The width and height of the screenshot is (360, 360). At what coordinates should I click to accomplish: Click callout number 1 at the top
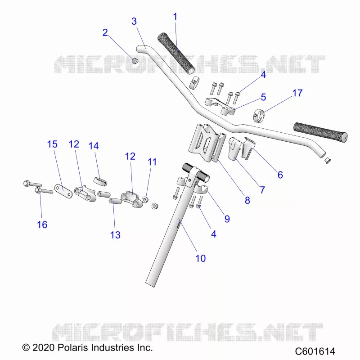pos(175,17)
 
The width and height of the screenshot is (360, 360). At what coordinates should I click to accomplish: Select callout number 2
pos(105,32)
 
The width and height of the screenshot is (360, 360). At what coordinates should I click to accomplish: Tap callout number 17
pos(297,93)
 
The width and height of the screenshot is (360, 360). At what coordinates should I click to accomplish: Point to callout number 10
pos(200,258)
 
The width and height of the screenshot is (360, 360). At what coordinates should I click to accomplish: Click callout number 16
pos(42,225)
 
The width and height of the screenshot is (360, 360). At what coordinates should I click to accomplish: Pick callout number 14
pos(94,146)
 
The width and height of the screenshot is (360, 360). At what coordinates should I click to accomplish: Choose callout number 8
pos(247,200)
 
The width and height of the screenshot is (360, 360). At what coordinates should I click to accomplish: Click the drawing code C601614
pos(315,351)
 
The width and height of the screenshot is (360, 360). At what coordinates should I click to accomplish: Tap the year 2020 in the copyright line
pos(44,347)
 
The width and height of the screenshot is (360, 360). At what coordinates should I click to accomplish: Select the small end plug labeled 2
pos(135,61)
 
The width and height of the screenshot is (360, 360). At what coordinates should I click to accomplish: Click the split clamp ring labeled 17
pos(259,116)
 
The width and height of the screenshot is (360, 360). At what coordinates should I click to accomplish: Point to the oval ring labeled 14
pos(100,180)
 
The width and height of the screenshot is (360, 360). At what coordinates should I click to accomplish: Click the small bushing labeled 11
pos(145,199)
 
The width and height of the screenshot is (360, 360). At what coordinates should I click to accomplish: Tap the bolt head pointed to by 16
pos(38,190)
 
